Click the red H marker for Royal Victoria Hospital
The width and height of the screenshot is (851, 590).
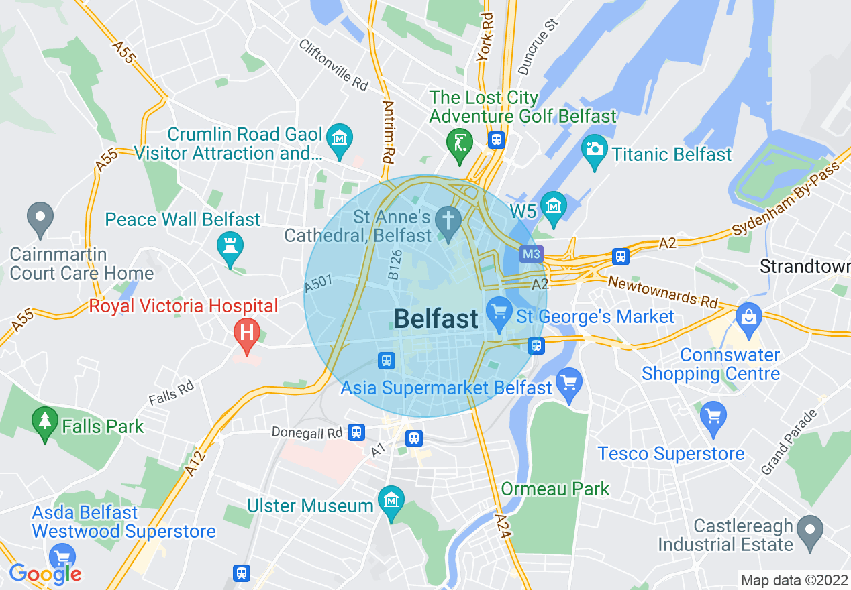(246, 332)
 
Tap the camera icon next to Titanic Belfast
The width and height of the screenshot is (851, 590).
(594, 148)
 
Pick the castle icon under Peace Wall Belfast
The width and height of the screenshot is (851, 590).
(230, 245)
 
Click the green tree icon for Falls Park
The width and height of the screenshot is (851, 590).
(44, 420)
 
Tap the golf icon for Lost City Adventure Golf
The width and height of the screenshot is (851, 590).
(459, 142)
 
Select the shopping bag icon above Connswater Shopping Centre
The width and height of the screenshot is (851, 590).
(748, 316)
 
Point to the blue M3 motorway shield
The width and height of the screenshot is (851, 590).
(532, 254)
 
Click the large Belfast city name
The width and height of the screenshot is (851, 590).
(436, 319)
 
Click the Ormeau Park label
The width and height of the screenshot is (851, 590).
(556, 489)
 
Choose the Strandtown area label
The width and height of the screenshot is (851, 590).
(805, 266)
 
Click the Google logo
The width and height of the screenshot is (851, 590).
(45, 573)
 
